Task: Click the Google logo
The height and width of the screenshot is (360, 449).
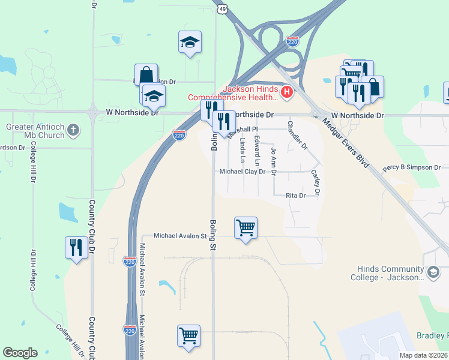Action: (20, 353)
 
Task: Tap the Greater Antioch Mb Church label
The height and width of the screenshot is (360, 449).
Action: (35, 131)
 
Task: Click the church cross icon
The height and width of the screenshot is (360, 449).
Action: (73, 130)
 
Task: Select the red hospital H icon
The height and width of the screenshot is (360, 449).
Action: (287, 92)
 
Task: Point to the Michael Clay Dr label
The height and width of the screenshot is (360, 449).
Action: (242, 172)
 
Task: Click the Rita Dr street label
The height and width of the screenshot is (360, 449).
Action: (295, 196)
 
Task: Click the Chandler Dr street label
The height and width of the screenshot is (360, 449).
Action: (297, 136)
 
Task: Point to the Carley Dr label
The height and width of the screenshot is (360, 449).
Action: (316, 182)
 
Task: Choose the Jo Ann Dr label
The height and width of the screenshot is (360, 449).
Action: (274, 161)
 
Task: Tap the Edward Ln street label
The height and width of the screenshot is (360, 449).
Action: (258, 151)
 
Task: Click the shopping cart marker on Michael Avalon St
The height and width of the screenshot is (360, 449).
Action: (246, 228)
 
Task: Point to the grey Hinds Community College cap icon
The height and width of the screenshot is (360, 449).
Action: (432, 273)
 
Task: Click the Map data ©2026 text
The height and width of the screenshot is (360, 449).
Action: (423, 355)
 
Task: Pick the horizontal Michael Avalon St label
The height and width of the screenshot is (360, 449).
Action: (179, 236)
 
